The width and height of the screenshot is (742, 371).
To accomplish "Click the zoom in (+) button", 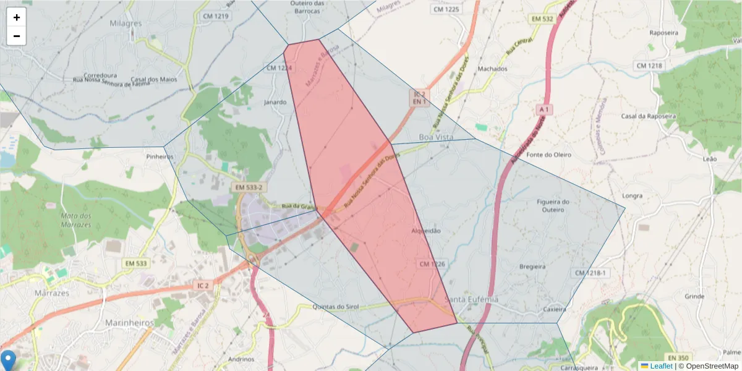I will click(x=17, y=17).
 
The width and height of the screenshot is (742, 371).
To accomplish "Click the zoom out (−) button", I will click(x=17, y=36).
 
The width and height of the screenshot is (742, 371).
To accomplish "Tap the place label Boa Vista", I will click(x=436, y=137).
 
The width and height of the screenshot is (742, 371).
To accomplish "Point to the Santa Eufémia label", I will click(x=471, y=300).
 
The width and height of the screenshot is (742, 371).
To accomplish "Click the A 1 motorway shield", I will click(x=544, y=109).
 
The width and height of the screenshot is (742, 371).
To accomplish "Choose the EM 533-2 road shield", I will click(x=248, y=187).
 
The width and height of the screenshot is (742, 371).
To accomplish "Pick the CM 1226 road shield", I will click(x=432, y=264).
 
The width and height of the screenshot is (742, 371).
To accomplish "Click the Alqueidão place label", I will click(x=426, y=231).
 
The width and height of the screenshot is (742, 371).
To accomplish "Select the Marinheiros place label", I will click(x=129, y=323).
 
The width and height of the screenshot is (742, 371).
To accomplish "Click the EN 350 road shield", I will click(x=678, y=358).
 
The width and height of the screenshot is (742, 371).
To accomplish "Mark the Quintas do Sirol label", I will click(x=336, y=307).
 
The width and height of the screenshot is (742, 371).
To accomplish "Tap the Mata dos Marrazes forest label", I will click(x=76, y=220).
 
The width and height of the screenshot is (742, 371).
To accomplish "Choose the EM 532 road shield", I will click(x=542, y=19).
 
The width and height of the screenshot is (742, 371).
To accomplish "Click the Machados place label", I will click(x=492, y=69).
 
